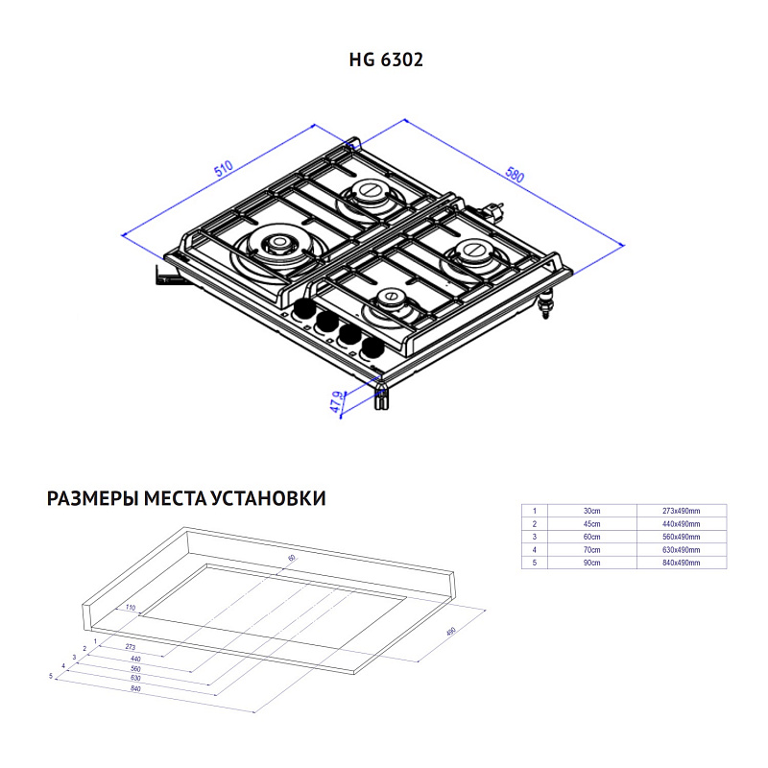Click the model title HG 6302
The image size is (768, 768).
[385, 60]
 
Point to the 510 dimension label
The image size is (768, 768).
[225, 171]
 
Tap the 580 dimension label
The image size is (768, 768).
[515, 175]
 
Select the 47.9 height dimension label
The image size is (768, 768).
[337, 401]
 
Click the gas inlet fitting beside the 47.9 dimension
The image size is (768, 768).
[381, 395]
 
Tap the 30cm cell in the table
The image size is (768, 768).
[591, 510]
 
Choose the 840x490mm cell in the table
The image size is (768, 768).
[681, 563]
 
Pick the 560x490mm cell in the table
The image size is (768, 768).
[681, 537]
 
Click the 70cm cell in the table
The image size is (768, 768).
[591, 550]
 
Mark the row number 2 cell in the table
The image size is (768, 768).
[534, 523]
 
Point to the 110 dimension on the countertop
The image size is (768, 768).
[130, 608]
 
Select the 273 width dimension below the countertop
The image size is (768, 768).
[131, 648]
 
